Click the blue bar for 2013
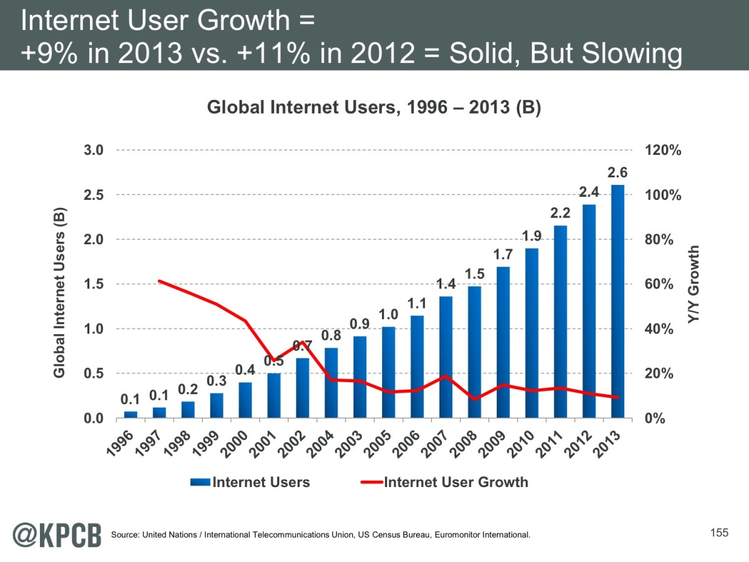[x=617, y=302]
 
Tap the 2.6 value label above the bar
[x=617, y=173]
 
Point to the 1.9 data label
[x=532, y=236]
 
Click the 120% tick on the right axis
[x=662, y=150]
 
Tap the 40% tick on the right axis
[x=659, y=329]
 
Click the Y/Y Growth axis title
[x=693, y=284]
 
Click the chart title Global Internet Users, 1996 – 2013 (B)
[x=373, y=108]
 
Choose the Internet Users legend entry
[x=261, y=482]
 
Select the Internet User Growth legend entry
[x=456, y=482]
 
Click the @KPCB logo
[x=57, y=535]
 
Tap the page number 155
[x=719, y=533]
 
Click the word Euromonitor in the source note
[x=465, y=535]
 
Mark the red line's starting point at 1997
[x=160, y=281]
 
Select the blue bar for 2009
[x=503, y=342]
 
